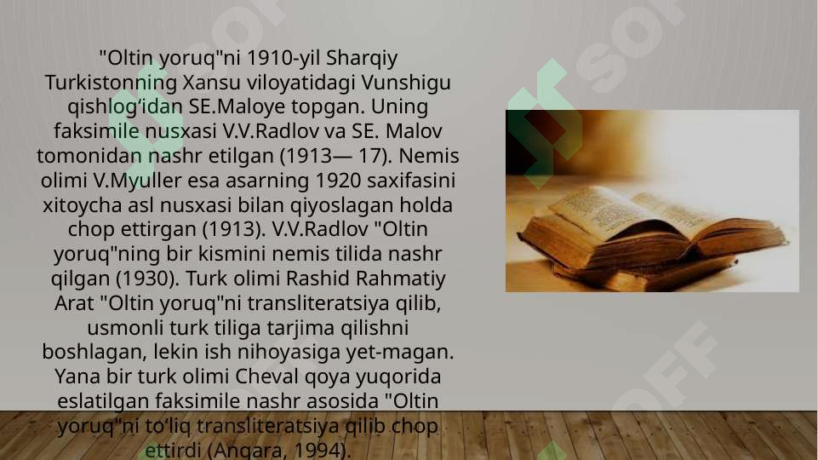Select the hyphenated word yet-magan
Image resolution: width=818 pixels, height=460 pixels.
pos(408,353)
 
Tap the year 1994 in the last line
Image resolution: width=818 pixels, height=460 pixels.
pos(319,450)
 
